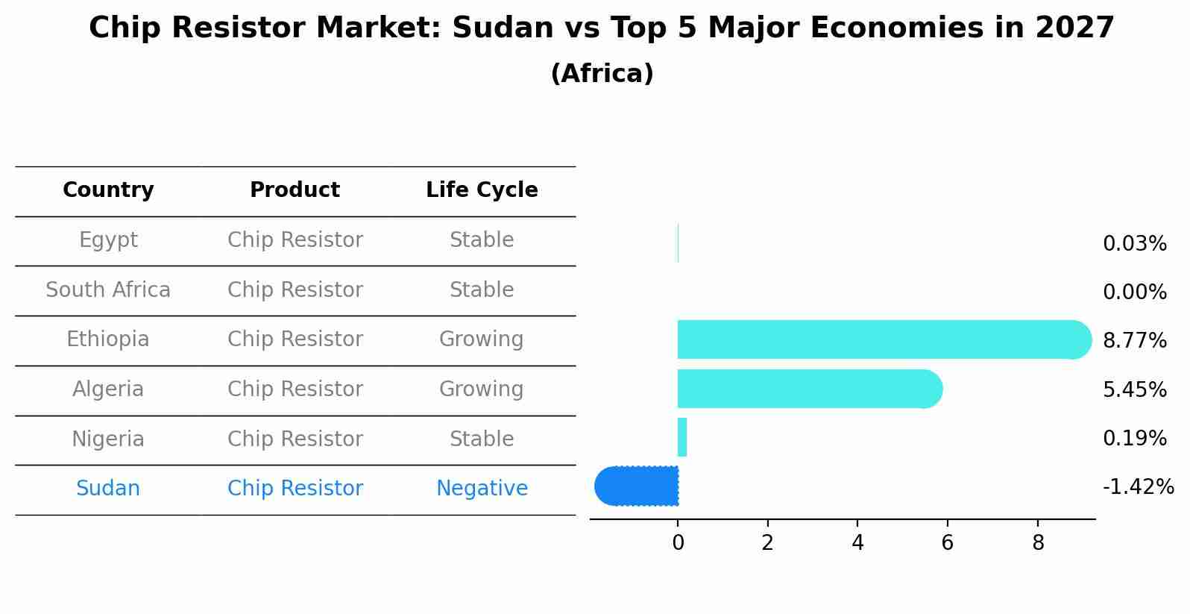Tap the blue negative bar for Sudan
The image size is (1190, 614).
coord(637,486)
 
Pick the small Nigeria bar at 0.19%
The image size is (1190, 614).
coord(682,437)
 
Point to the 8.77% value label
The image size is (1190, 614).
coord(1134,341)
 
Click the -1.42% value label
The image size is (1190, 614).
coord(1138,487)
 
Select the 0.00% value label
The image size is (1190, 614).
coord(1134,292)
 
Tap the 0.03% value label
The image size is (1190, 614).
coord(1134,244)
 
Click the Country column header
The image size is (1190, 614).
coord(108,190)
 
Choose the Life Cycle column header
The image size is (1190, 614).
coord(482,190)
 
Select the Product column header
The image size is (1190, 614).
coord(295,190)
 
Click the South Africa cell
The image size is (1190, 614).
coord(108,289)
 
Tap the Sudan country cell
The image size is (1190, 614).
coord(108,489)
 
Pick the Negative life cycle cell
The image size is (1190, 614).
coord(482,489)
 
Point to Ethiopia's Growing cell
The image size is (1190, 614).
coord(482,339)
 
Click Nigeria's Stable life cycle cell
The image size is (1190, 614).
coord(482,439)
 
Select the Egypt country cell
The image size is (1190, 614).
coord(108,240)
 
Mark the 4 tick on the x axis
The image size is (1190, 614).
coord(857,543)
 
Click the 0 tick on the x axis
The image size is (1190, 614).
coord(678,543)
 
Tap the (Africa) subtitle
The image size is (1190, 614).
coord(602,74)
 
